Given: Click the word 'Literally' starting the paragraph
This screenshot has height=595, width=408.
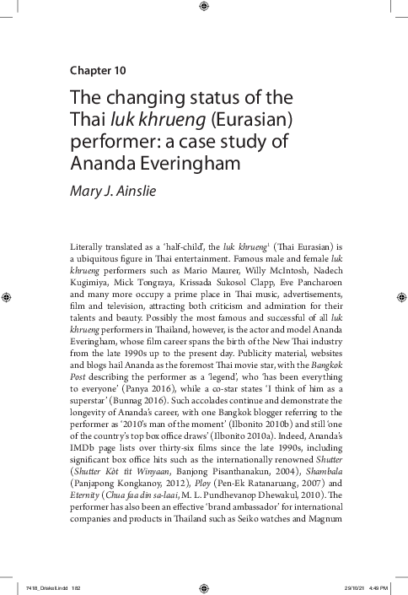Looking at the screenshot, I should (89, 246).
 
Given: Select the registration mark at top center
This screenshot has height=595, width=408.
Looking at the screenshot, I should (203, 8).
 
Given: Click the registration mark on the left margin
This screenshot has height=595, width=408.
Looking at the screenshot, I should (8, 297).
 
